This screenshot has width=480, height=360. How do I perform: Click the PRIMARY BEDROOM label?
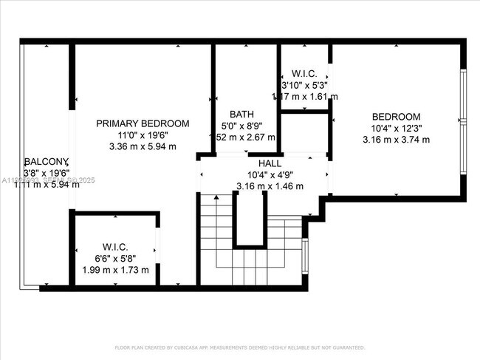tap(143, 123)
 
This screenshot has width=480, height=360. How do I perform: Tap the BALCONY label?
tap(46, 162)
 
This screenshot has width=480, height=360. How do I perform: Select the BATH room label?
tap(241, 115)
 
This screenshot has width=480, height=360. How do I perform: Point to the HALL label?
tap(268, 163)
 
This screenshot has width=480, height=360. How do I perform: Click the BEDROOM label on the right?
tap(396, 117)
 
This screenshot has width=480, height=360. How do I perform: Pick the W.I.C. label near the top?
tap(304, 74)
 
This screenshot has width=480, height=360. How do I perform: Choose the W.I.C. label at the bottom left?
tap(115, 247)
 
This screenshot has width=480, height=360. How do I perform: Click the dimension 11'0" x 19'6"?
tap(143, 135)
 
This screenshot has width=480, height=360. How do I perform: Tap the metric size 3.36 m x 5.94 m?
tap(143, 146)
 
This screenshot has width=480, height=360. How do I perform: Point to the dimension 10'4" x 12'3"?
tap(396, 129)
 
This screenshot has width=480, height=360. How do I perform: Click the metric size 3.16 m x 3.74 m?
tap(396, 140)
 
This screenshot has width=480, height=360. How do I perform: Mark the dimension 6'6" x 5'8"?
tap(115, 259)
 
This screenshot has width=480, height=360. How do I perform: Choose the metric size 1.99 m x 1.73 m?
tap(115, 270)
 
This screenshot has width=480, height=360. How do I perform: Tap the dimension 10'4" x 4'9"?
tap(268, 175)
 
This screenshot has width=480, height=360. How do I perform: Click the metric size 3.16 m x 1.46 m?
tap(268, 186)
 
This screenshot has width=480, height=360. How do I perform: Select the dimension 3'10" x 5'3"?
tap(305, 85)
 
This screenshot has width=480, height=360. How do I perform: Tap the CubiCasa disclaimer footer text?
tap(240, 347)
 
